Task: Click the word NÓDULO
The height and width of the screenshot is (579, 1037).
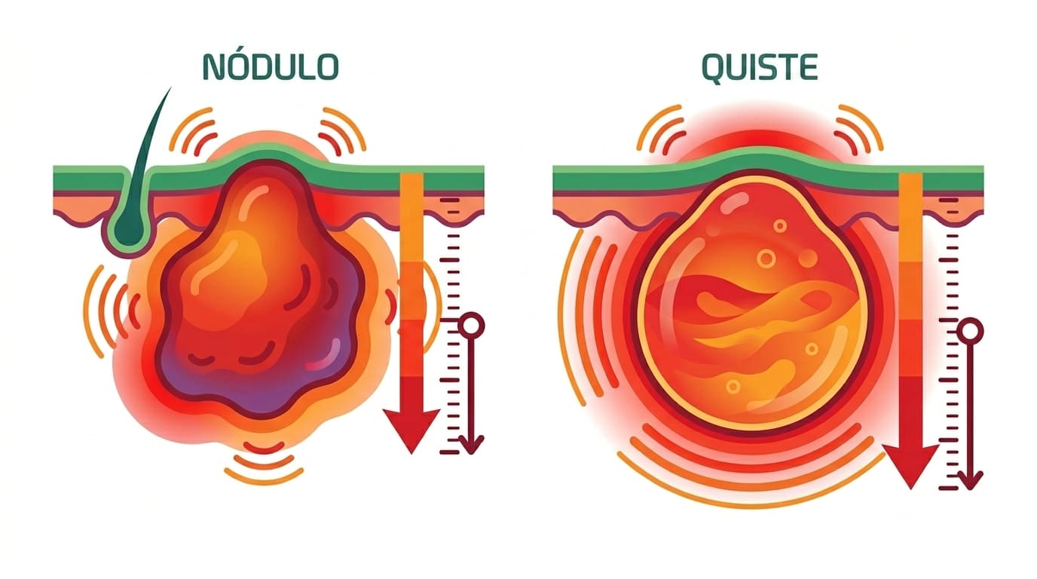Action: (271, 66)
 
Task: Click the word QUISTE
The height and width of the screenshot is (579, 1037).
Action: (760, 68)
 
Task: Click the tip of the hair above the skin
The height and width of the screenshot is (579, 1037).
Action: (171, 87)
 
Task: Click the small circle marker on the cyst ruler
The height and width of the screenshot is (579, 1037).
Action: (971, 331)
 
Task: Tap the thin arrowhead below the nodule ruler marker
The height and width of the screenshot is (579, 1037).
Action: (472, 445)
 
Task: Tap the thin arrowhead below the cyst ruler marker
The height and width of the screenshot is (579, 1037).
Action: (971, 480)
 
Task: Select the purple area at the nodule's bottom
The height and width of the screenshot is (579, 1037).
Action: (259, 384)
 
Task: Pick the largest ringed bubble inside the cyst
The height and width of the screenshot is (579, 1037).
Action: (766, 258)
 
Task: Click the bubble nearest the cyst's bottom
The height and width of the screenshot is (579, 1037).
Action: (733, 386)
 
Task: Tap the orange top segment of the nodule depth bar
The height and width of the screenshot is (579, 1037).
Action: (411, 218)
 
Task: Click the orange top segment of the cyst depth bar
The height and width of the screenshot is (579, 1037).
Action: (910, 218)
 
